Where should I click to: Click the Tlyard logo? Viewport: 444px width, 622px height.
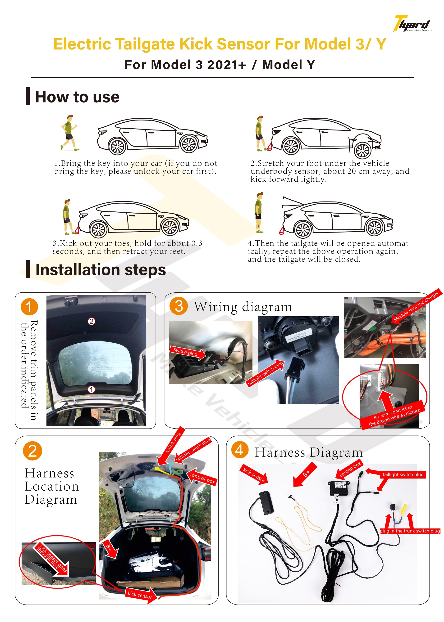point(412,24)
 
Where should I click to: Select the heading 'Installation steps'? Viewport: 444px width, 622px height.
point(101,270)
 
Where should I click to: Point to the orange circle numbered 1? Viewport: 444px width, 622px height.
point(29,307)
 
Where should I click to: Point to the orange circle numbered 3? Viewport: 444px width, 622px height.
point(179,306)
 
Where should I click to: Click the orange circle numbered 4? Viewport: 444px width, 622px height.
point(239,450)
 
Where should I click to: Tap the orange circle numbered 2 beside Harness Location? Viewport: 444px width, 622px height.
point(32,451)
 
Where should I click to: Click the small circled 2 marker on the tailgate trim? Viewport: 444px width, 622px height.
point(91,321)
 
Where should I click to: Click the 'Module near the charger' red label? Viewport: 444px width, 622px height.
point(416,306)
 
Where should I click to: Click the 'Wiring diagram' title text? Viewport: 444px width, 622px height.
point(243,307)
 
